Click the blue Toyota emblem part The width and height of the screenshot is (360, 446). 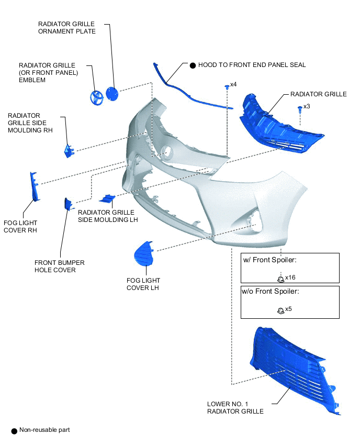pos(96,97)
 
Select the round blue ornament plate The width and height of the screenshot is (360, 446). pos(112,94)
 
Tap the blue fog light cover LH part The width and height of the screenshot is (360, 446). pos(143,253)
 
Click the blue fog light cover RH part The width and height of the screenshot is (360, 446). pos(35,186)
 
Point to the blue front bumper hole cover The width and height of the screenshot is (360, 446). pos(68,204)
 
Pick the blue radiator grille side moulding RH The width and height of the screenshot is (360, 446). pos(69,151)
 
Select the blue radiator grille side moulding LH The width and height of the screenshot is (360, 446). pos(107,199)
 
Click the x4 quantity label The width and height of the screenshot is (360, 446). pos(233,84)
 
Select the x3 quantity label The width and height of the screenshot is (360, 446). pos(307,106)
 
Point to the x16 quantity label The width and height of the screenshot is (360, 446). pos(290,277)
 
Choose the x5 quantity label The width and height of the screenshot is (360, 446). pos(288,309)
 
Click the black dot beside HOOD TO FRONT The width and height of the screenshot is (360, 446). pos(193,66)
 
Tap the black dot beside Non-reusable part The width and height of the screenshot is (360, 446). pos(14,431)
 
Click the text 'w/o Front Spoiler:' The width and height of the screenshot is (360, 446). pos(270,291)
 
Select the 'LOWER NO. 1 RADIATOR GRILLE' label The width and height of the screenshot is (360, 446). pos(235,408)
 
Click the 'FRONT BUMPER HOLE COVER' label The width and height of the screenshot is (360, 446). pos(60,266)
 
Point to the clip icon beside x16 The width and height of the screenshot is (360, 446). pos(280,279)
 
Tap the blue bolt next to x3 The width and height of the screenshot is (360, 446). pos(300,109)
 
